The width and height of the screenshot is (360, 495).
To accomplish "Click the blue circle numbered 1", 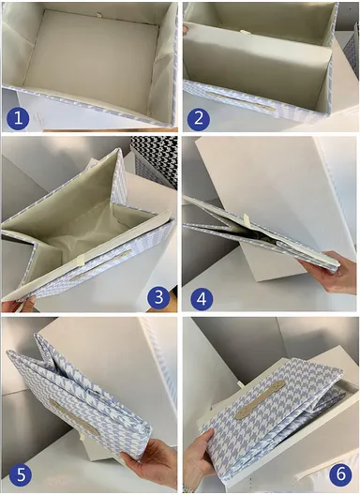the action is pos(18,118).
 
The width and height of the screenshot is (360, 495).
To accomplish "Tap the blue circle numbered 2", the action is pos(199,118).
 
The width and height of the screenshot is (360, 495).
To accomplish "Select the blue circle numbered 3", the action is pos(158,297).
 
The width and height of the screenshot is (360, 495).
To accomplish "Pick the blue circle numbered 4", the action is pos(202,299).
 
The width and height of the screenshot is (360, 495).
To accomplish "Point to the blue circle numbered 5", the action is pos(21,475).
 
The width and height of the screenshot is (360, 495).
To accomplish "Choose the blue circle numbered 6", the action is pos(340,474).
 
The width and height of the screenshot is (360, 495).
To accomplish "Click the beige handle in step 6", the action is pos(261,399).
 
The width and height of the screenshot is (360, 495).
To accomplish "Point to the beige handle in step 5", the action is pos(73,416).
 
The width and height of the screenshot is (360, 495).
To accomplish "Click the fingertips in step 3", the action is pos(20,305).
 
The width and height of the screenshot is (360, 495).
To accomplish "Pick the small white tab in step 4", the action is pos(247,220).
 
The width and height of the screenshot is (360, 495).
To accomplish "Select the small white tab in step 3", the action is pos(81,260).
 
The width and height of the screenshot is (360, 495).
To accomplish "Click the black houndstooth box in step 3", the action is pos(154,161).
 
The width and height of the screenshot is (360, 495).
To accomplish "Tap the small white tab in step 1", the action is pos(98,14).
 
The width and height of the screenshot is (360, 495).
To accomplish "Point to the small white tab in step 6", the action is pos(241,386).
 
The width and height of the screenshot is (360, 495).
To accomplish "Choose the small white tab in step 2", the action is pos(244,32).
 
